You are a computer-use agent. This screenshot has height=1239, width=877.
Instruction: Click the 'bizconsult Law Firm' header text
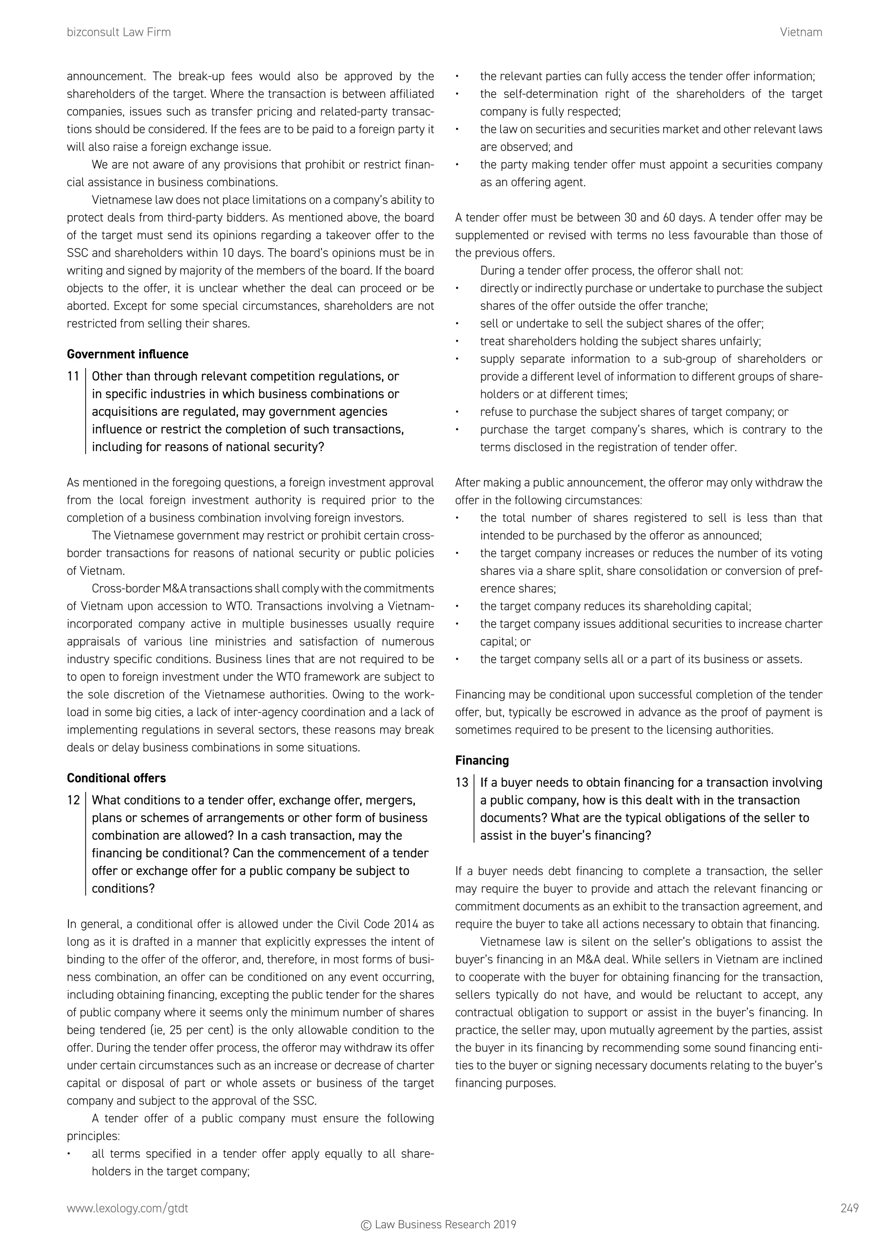coord(119,33)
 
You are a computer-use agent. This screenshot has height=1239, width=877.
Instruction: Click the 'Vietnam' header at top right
coord(801,33)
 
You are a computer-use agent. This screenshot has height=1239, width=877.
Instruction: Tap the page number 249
coord(850,1208)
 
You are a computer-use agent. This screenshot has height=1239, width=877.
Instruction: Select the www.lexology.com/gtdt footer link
coord(128,1208)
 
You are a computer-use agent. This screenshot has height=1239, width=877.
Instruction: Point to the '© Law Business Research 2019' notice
coord(438,1224)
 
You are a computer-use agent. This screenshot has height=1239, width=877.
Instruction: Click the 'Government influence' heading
coord(128,355)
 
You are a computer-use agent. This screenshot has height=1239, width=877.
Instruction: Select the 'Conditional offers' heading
coord(116,778)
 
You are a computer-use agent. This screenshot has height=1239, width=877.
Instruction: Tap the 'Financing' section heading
coord(482,760)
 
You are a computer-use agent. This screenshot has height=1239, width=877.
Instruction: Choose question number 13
coord(462,783)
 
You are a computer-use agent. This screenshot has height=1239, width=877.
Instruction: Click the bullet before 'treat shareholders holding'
coord(457,341)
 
